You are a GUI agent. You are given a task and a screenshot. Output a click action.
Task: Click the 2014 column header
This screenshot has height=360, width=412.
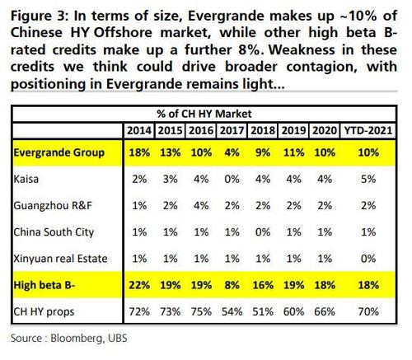point(139,130)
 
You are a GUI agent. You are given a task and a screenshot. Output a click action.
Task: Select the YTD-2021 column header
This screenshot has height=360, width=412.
point(368,130)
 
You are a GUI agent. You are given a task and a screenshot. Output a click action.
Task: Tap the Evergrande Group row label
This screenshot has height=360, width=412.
point(59,152)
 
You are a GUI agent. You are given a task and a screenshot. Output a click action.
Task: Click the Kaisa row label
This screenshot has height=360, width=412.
point(26,179)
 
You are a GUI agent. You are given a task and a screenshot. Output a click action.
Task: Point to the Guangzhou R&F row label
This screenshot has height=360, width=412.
point(53,206)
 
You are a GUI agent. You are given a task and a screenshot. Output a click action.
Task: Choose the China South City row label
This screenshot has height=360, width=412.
point(54,232)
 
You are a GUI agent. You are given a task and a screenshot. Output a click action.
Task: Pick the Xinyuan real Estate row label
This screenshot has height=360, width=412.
point(60,259)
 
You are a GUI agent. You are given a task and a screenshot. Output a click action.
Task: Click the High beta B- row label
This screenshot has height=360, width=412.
point(44,285)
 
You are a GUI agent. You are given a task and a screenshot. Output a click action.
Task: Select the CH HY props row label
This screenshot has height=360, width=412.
point(44,312)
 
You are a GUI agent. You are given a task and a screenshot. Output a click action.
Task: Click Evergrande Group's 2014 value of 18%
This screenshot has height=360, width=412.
point(139,152)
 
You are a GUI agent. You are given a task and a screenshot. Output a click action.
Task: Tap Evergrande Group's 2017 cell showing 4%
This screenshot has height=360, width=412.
point(232,152)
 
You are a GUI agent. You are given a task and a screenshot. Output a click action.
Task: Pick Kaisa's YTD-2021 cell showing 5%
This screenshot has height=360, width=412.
point(368,179)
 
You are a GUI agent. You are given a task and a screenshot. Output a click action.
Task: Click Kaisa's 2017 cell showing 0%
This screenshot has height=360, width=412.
point(232,179)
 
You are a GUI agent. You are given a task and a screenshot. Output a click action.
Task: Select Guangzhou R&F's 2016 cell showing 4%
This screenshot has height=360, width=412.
point(201,206)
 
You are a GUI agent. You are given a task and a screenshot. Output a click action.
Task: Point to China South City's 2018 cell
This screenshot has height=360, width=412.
point(263,232)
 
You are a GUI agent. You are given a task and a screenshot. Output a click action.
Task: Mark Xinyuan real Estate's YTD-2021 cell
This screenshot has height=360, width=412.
point(368,259)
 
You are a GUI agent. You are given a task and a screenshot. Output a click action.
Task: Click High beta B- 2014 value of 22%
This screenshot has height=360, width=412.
point(139,285)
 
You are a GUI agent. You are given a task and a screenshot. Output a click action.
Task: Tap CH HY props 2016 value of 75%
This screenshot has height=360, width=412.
point(201,312)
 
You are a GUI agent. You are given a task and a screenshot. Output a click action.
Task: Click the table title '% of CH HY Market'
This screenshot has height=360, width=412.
point(204,114)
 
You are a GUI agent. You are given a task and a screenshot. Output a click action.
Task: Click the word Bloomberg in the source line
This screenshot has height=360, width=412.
point(77,339)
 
